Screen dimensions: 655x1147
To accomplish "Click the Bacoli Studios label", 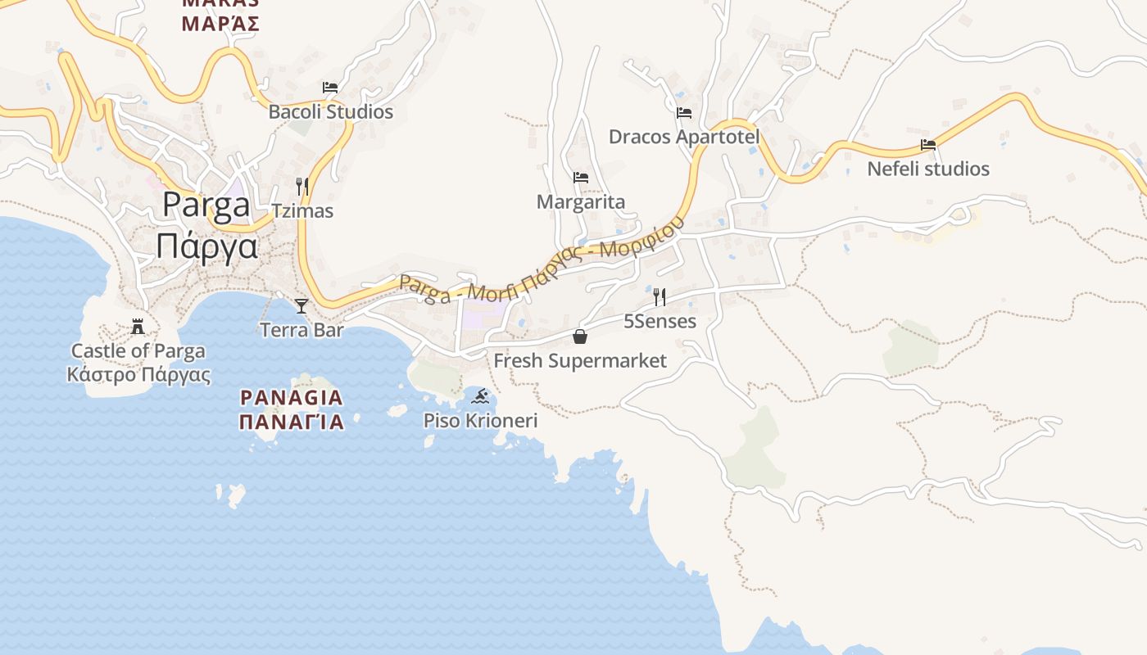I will coord(331,112).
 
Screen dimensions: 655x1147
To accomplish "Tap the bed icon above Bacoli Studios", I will coord(330,87).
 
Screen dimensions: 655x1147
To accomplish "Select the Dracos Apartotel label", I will coord(684,137).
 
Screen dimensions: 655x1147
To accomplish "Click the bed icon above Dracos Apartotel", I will coord(684,112).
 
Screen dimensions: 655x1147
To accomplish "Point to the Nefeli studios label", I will coord(928,169).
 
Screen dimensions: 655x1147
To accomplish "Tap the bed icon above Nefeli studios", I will coord(928,145).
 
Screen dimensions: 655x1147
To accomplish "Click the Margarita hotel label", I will coord(581,202).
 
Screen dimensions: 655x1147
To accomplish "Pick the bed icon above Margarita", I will coord(581,177).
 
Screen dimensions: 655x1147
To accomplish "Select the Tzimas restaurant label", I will coord(302,211).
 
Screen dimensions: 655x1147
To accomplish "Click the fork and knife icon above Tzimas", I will coord(302,187).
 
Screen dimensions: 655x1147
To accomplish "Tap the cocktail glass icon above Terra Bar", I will coord(301,306).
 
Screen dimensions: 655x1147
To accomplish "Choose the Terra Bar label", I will coord(301,331).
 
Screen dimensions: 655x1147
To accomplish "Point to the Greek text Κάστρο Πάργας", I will coord(138,376).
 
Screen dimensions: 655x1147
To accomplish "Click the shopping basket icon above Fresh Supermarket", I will coord(580,337).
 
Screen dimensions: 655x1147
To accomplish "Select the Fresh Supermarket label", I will coord(580,361).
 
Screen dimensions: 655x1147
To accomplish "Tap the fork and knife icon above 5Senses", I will coord(660,296).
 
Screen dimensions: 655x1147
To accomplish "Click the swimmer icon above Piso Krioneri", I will coord(481,397).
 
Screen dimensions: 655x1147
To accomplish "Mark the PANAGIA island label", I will coord(291,398).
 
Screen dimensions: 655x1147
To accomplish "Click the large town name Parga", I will coord(206,205).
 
